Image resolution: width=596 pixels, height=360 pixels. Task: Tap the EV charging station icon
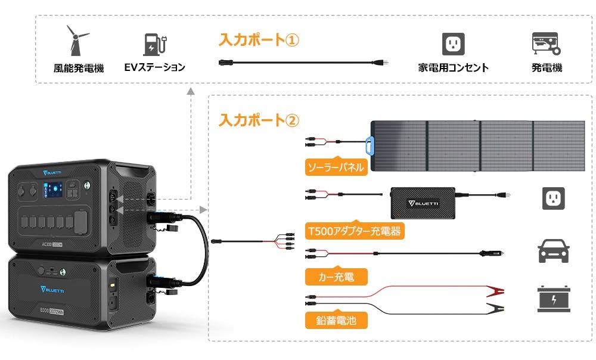coord(154,44)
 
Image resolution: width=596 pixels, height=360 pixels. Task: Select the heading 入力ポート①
coord(258,40)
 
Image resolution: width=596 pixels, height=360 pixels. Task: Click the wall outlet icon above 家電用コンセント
coord(454,44)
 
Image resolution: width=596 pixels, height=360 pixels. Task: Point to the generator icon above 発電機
coord(545,44)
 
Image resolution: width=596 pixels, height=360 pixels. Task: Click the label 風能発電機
coord(79,68)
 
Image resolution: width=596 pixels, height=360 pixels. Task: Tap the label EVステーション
coord(154,67)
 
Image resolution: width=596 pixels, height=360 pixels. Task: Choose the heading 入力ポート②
coord(258,120)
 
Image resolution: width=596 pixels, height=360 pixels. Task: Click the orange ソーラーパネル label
coord(334,166)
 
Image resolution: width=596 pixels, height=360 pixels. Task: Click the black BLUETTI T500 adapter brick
coord(423,201)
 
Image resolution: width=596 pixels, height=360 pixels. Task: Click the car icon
coord(553,251)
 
